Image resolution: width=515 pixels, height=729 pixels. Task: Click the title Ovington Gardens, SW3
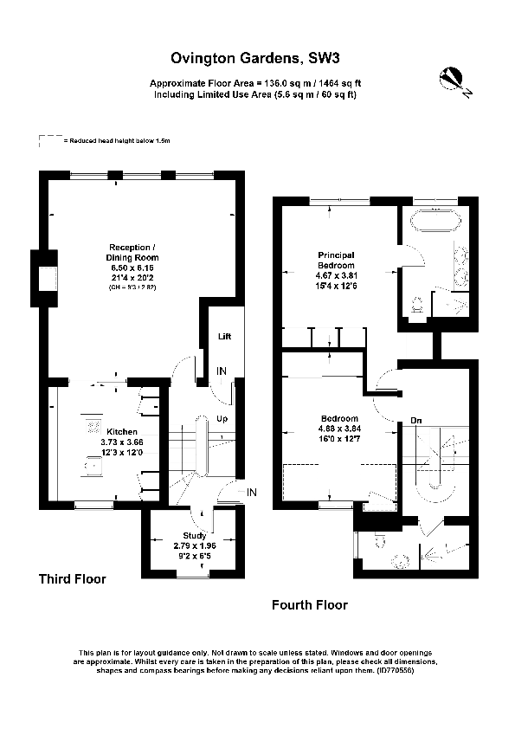(x=256, y=59)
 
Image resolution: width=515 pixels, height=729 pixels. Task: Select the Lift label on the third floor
(x=225, y=336)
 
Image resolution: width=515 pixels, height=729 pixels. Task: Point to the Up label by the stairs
(x=222, y=418)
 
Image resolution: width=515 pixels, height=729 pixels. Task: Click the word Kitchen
(x=121, y=431)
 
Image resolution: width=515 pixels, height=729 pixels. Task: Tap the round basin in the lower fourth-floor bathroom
(x=401, y=559)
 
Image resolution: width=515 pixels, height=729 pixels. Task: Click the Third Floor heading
(x=72, y=578)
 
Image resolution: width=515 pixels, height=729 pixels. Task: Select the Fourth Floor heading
(x=309, y=605)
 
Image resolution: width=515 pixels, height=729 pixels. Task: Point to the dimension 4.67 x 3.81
(x=336, y=276)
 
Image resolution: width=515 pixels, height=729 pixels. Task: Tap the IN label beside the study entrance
(x=252, y=493)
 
